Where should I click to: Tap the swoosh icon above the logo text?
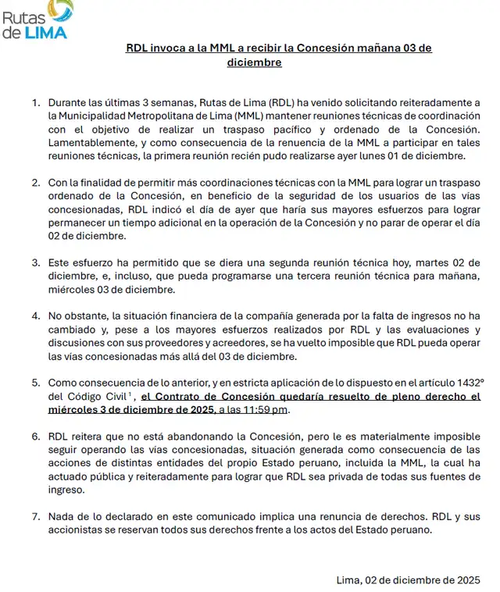(x=60, y=10)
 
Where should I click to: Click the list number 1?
(x=35, y=102)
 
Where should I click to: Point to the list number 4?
(x=35, y=316)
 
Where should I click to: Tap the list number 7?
(x=35, y=516)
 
